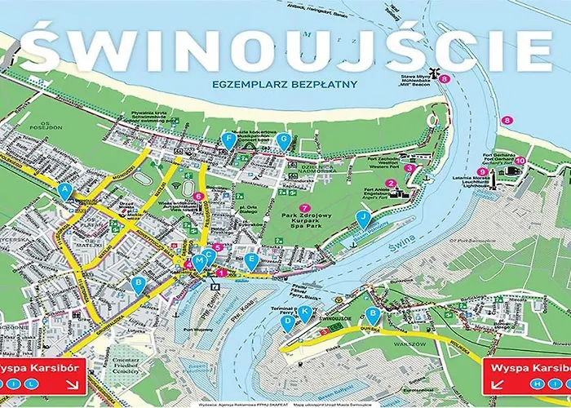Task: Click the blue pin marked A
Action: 65,190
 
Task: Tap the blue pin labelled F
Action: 228,140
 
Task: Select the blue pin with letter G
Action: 283,140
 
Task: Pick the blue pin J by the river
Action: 363,218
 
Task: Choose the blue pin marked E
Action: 251,260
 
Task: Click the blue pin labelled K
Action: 305,313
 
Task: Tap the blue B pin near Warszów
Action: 373,315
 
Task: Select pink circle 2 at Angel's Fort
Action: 391,183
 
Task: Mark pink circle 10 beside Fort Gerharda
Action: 520,161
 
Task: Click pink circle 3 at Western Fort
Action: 410,168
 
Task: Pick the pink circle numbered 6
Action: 198,196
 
